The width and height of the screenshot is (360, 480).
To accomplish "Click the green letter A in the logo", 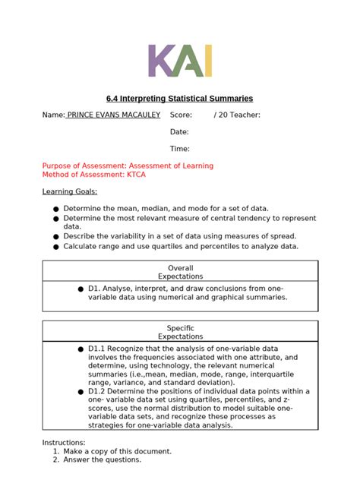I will tap(187, 62).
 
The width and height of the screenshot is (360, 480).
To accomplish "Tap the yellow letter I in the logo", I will tap(207, 62).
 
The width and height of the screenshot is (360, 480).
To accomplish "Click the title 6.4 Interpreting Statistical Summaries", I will tap(179, 99).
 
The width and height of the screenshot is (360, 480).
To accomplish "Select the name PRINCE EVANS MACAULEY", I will tap(113, 115).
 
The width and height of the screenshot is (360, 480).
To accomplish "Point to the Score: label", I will tap(181, 115).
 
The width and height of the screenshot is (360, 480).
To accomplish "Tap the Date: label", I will tap(179, 132).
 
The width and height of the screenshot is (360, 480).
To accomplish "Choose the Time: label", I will tap(179, 149).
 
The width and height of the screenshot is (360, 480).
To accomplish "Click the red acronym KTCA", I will tap(136, 175).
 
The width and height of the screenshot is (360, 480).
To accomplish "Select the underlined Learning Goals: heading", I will tap(70, 191).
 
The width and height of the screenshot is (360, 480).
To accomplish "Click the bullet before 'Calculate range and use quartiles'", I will tap(55, 247).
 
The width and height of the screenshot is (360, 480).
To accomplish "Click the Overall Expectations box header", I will tap(180, 272).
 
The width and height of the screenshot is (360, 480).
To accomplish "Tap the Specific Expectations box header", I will tap(180, 332).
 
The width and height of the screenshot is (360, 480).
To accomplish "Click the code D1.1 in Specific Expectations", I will tap(96, 349).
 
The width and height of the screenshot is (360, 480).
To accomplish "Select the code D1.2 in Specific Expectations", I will tap(96, 391).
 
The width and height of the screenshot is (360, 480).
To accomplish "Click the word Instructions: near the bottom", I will tap(64, 443).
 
